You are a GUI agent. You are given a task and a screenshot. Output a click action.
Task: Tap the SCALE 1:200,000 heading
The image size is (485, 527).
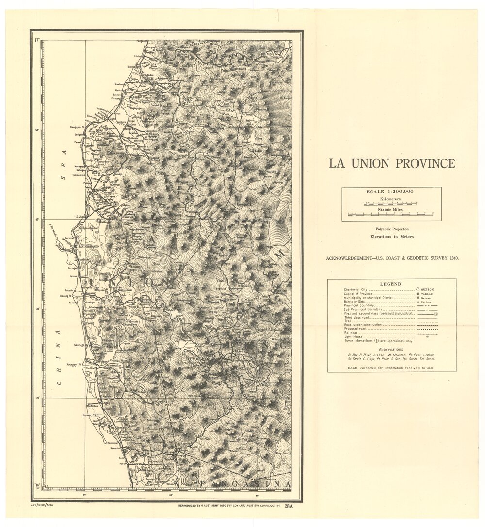point(391,192)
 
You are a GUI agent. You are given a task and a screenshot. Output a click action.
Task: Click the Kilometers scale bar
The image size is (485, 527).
point(391,204)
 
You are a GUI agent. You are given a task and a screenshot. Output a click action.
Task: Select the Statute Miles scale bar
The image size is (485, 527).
point(391,213)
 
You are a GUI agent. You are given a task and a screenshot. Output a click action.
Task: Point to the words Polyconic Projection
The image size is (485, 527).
point(391,229)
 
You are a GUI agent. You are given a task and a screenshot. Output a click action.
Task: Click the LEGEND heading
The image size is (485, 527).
point(391,284)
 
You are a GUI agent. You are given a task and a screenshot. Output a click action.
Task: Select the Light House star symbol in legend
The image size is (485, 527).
point(427,336)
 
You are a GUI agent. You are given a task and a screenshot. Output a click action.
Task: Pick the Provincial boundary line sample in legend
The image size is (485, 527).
point(427,306)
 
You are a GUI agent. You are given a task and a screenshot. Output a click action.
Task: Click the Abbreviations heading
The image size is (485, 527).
point(391,349)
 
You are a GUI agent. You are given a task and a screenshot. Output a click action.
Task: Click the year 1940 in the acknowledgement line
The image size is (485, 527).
point(451,258)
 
